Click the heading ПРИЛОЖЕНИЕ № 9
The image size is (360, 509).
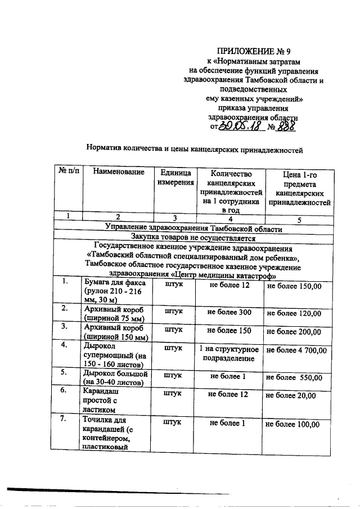point(254,51)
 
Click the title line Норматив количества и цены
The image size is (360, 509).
point(195,150)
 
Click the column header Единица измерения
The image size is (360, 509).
point(175,177)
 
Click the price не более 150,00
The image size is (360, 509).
point(294,286)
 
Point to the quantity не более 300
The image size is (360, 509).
point(229,312)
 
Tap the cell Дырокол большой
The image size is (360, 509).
point(115,377)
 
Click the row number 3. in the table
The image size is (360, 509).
point(65,326)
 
